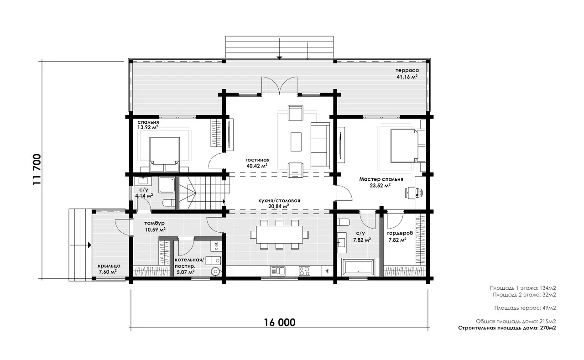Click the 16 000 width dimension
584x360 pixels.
(x=280, y=323)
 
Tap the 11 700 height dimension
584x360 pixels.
(x=37, y=169)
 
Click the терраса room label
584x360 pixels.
(x=407, y=70)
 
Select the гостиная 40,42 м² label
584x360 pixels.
(x=257, y=163)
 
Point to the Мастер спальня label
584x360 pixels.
(x=381, y=179)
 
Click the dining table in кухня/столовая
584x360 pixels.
(x=280, y=235)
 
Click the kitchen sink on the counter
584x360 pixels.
(x=277, y=271)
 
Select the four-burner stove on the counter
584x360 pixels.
(x=304, y=271)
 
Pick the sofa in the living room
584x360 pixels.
(x=320, y=146)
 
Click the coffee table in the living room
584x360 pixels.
(x=296, y=142)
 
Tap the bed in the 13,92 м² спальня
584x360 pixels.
(x=165, y=155)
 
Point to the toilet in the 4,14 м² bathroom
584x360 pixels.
(x=169, y=203)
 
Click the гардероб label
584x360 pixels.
(x=400, y=233)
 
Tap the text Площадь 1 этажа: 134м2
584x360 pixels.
(x=523, y=288)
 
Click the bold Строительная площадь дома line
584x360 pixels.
(x=507, y=328)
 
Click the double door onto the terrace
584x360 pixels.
(x=280, y=85)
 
